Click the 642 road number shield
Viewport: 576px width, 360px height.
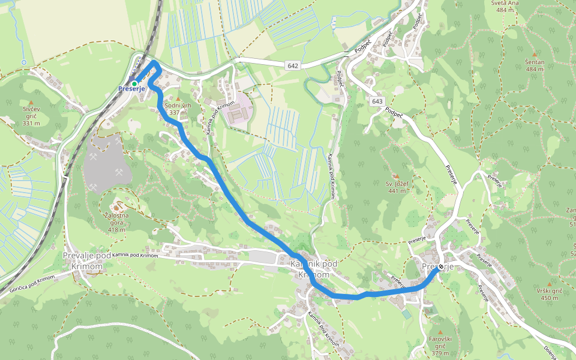[x=293, y=65]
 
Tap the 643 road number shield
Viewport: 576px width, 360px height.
[x=377, y=101]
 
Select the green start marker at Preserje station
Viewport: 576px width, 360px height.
[x=134, y=83]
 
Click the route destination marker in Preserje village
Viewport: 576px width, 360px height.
[x=441, y=267]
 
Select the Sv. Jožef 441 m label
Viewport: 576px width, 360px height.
[x=397, y=187]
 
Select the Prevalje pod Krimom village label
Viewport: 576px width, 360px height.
[x=87, y=260]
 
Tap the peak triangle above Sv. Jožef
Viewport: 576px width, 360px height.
[x=396, y=176]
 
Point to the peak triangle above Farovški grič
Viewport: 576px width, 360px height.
[x=440, y=332]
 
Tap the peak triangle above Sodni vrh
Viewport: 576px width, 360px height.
[x=178, y=98]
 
